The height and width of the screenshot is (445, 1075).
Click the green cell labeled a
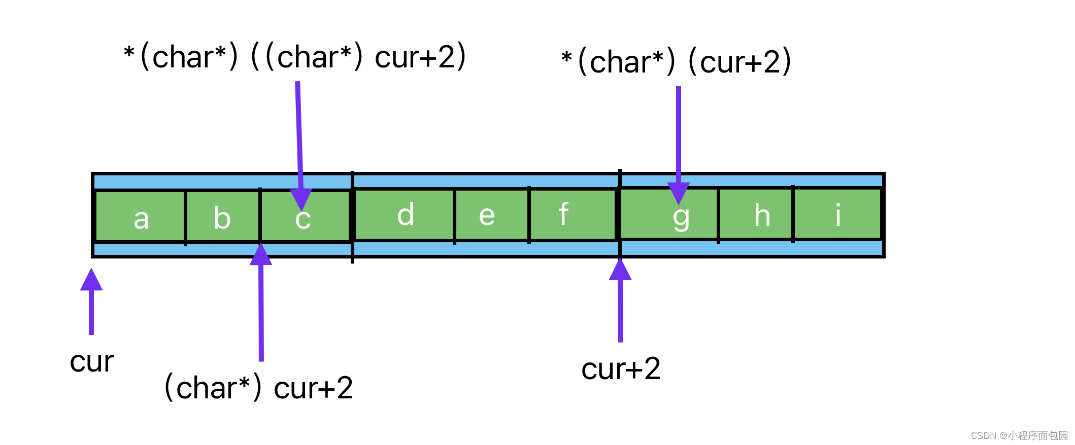[141, 217]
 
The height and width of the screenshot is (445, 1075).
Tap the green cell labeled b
[222, 217]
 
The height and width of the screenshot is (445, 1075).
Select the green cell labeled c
[305, 223]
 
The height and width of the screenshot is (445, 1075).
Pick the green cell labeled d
[405, 214]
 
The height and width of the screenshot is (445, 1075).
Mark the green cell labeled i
[837, 214]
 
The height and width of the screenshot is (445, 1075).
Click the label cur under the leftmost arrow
[92, 362]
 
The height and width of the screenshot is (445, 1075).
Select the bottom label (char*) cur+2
[258, 388]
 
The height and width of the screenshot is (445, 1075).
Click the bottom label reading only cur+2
[621, 368]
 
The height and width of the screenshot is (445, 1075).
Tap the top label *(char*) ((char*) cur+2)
[294, 57]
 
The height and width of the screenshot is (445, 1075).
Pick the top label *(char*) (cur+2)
[676, 62]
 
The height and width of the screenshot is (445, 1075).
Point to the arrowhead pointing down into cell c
[301, 199]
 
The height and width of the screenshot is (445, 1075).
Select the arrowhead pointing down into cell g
[679, 193]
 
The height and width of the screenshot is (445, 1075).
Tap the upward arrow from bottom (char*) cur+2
[261, 304]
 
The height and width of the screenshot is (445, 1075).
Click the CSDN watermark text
[1019, 435]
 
